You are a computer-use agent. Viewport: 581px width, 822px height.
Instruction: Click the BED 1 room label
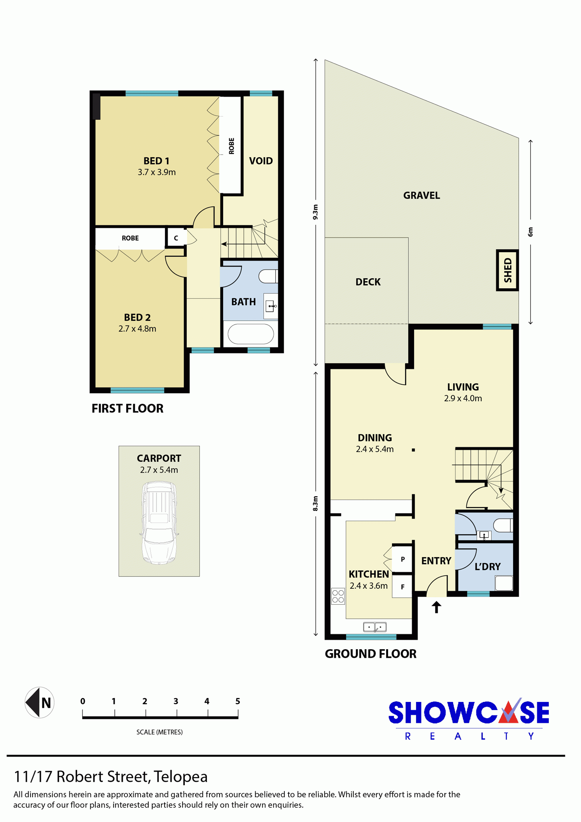coord(156,161)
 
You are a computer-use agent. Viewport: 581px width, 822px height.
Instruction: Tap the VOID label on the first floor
coord(261,161)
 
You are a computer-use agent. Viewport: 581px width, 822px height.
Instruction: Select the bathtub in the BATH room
coord(251,334)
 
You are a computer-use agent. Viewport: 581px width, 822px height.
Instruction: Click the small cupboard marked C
coord(176,238)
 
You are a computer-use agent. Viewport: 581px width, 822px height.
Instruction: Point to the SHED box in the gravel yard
coord(507,270)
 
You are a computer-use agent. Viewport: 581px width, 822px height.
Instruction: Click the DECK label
coord(368,282)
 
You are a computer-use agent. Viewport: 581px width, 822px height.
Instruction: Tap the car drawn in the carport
coord(159,522)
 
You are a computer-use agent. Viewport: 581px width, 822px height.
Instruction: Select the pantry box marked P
coord(402,559)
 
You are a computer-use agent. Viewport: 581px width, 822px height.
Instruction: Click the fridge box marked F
coord(402,586)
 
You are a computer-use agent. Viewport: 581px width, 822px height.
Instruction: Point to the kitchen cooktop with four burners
coord(338,596)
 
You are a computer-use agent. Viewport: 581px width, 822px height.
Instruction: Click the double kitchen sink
coord(375,627)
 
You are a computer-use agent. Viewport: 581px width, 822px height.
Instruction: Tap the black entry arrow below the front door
coord(437,607)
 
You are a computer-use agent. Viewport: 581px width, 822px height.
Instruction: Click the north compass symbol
coord(40,702)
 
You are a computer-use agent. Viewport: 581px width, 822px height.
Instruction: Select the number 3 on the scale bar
coord(176,701)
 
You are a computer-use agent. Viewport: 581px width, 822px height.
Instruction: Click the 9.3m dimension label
coord(315,212)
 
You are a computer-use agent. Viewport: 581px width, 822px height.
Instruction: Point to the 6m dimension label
coord(530,232)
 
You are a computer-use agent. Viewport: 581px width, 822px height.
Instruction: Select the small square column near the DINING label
coord(413,450)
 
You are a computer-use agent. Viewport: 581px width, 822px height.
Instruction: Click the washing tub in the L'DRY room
coord(504,583)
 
